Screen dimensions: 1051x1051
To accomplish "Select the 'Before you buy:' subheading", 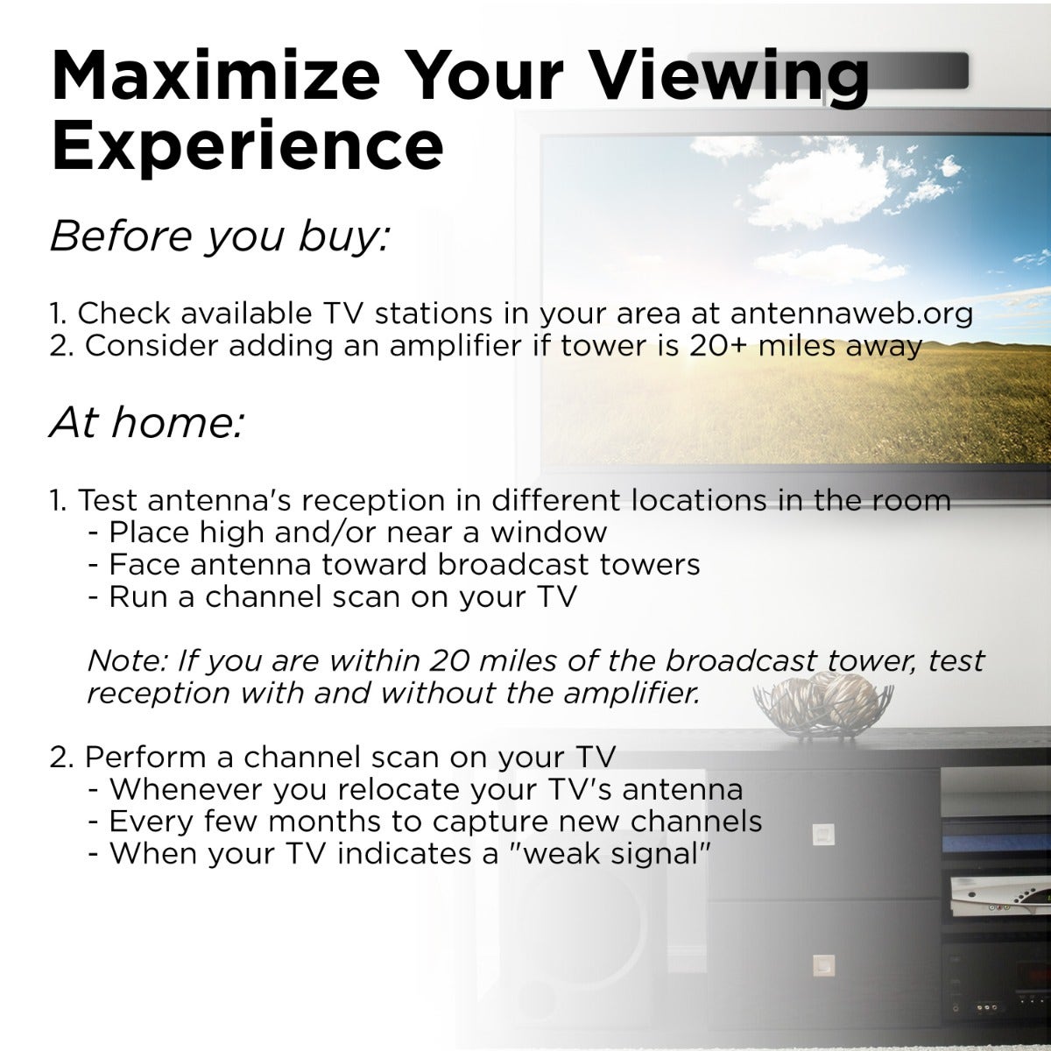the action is pos(220,236).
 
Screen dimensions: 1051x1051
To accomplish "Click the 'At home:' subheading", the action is pos(147,423).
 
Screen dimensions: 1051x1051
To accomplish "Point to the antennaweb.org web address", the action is pos(851,314).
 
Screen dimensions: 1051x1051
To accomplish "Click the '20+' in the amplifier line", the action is pos(718,346).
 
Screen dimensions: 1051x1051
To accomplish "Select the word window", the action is pos(548,532).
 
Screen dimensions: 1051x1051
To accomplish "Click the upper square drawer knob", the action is pos(823,834).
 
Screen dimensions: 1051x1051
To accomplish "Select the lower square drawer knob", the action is pos(823,965).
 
